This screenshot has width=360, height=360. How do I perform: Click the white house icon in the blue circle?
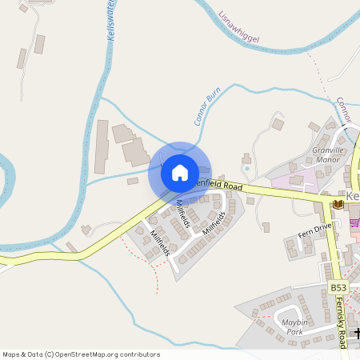pos(180,172)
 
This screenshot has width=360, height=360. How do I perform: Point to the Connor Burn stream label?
pos(206,106)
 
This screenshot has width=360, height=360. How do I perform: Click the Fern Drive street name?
pos(314,230)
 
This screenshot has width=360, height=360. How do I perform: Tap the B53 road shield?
pos(338,286)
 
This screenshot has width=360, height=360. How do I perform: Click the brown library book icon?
pos(337,206)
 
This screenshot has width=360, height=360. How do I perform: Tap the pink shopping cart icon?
pos(355,223)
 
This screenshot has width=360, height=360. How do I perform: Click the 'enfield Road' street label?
pos(221,186)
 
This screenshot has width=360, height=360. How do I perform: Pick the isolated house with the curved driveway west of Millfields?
pos(86,230)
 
